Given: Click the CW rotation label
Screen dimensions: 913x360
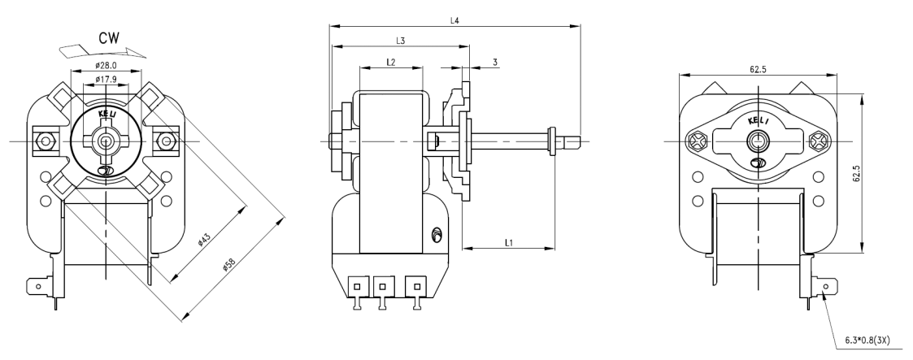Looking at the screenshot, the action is pos(109,38).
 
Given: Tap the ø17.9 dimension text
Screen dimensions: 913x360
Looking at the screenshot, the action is pos(107,79).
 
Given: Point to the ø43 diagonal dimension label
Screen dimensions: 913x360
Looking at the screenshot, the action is pos(203,240).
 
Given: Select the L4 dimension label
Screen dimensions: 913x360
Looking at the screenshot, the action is pos(454,21).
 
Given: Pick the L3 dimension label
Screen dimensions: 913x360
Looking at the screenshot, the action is pos(400,41).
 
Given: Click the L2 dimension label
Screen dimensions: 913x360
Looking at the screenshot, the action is pos(391,62).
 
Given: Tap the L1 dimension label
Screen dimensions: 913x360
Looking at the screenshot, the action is pos(508,242).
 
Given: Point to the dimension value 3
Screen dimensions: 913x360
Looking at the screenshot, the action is pos(495,62).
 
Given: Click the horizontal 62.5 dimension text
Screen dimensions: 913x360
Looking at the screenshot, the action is pos(758,69).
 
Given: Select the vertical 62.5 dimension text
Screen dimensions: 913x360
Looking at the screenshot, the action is pos(856,174).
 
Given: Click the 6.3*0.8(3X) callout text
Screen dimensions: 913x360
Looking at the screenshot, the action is pos(867,340).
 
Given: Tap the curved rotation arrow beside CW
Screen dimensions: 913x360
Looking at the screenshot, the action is pos(103,52).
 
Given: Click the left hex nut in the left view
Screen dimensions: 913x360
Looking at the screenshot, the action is pos(44,141).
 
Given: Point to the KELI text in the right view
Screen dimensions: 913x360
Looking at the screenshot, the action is pos(758,121).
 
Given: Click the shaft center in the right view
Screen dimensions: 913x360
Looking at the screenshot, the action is pos(758,140).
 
